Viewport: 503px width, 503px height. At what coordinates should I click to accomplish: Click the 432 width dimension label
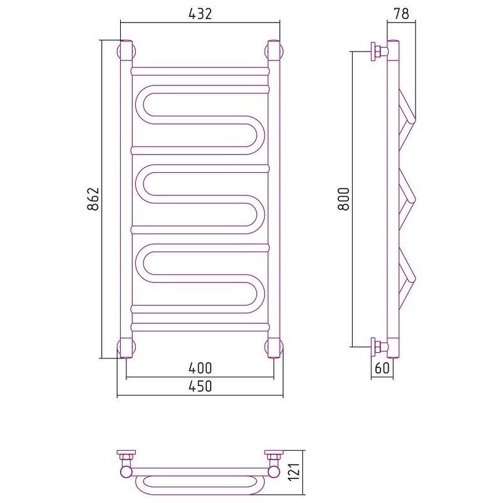click(200, 14)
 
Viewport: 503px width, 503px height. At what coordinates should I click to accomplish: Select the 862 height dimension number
click(93, 199)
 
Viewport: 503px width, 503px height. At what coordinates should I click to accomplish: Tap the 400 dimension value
click(200, 368)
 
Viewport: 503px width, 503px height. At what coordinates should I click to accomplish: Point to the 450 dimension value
click(200, 386)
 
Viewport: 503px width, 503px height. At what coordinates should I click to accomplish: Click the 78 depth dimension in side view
click(401, 14)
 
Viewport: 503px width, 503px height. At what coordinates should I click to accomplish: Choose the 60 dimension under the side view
click(382, 368)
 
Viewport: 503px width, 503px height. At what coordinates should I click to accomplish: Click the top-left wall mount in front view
click(126, 51)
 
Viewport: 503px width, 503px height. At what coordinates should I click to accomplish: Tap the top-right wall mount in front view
click(274, 51)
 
